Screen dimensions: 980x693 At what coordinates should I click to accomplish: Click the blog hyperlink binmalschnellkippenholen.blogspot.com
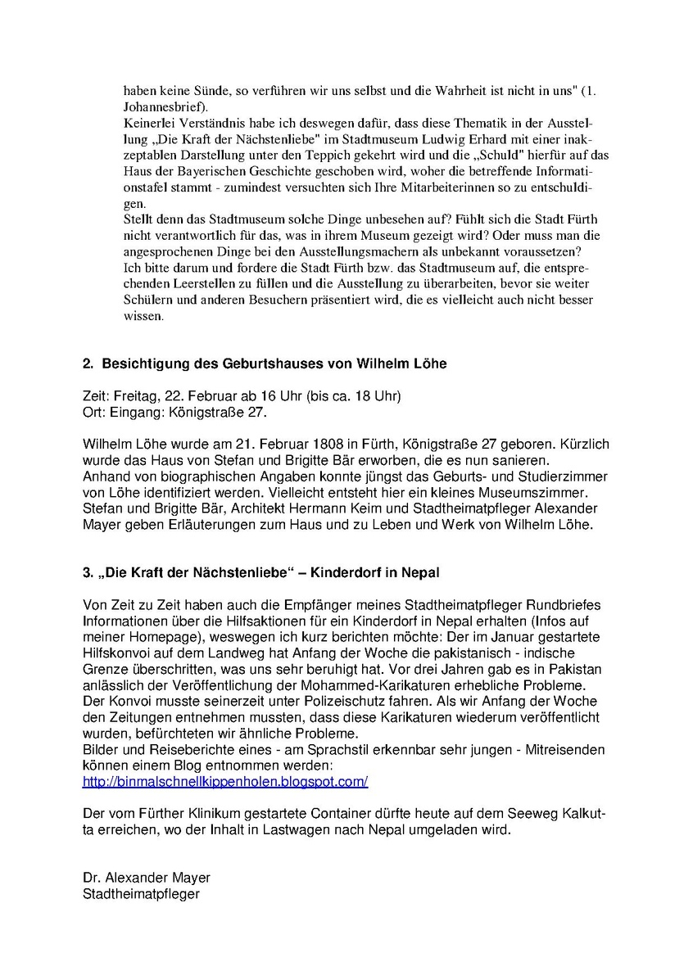click(x=225, y=781)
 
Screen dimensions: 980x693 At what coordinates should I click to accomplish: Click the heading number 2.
click(x=88, y=364)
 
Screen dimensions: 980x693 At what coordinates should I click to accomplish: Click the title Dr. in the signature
click(x=93, y=877)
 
